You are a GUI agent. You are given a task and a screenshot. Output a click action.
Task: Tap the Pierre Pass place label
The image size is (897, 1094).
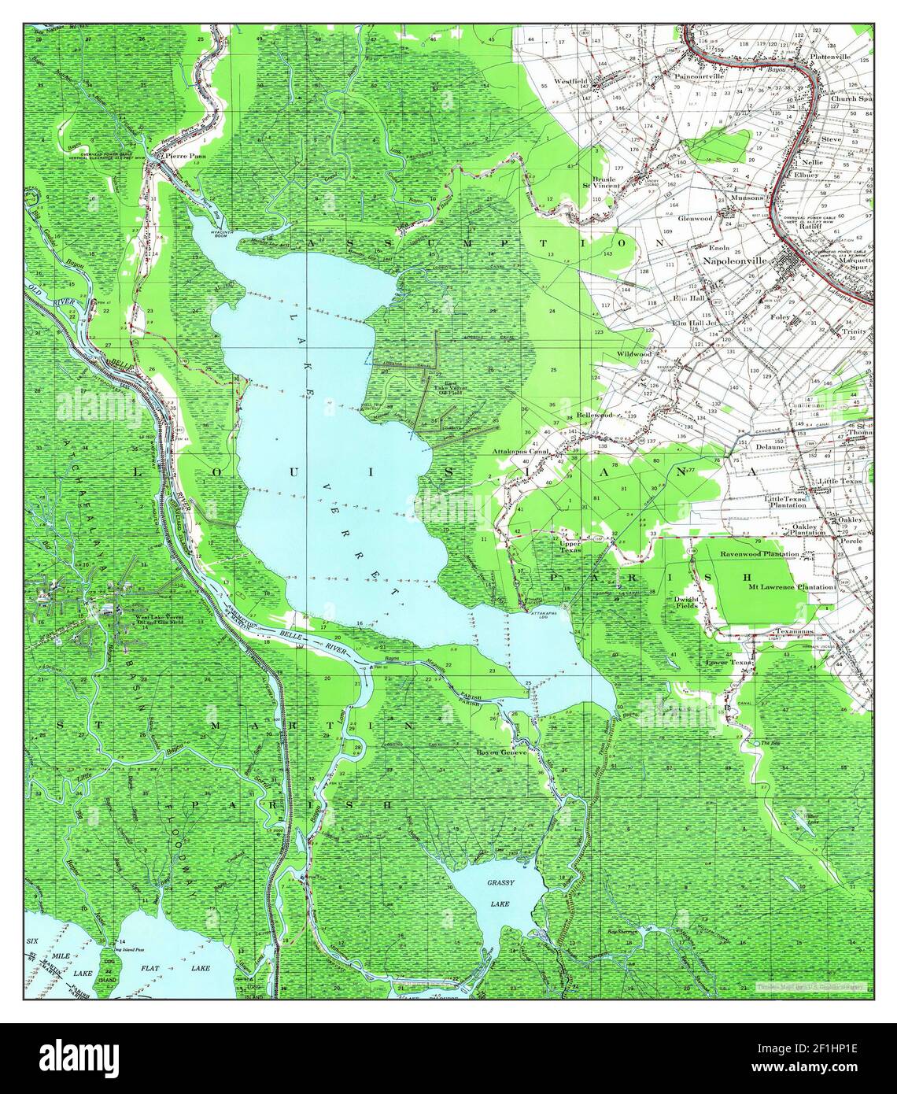pos(179,156)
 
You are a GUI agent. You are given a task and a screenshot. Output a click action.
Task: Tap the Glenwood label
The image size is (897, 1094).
pos(696,217)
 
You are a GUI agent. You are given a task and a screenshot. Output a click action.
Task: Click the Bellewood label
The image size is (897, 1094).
pos(594,414)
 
